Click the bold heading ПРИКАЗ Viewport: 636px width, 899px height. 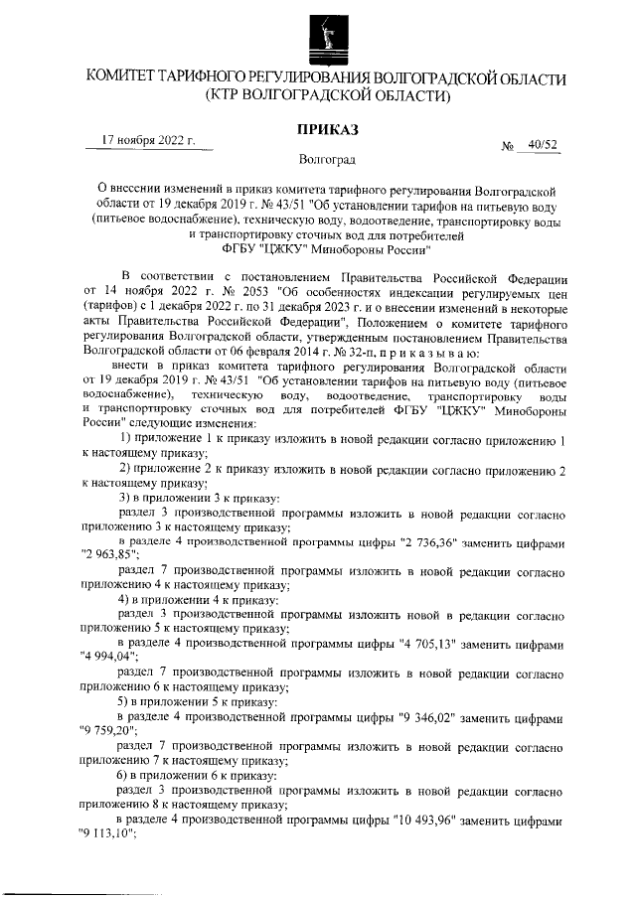327,129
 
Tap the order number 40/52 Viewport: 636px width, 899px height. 544,146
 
